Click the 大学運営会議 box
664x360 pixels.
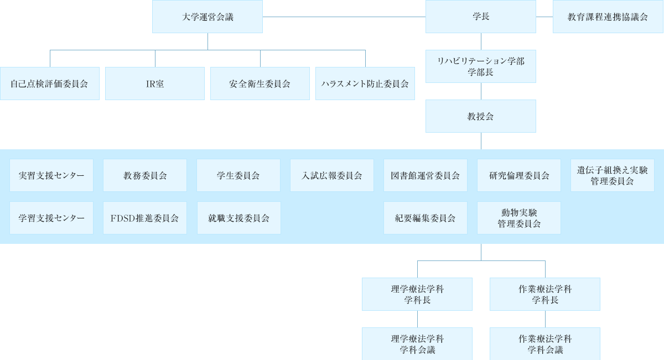click(x=207, y=17)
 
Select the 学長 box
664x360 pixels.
click(x=480, y=17)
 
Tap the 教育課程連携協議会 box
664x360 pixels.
click(x=608, y=17)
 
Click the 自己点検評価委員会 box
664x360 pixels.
click(x=49, y=84)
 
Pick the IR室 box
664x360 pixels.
click(x=154, y=84)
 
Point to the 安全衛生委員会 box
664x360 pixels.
click(x=260, y=84)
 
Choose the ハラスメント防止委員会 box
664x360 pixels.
click(x=365, y=84)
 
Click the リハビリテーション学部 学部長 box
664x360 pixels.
click(x=480, y=66)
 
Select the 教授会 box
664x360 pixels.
click(x=480, y=116)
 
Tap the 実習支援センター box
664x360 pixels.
click(x=51, y=175)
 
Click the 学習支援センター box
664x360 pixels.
click(x=51, y=218)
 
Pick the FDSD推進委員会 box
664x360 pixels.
click(x=145, y=218)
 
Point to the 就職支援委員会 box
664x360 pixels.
click(x=238, y=218)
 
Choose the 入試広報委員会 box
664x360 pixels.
click(x=332, y=175)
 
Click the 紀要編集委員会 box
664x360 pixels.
click(x=426, y=218)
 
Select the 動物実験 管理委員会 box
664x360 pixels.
click(x=519, y=218)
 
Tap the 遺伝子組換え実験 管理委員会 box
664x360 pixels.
click(x=613, y=175)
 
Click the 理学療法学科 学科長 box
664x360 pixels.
click(x=417, y=294)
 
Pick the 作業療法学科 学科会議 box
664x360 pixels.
click(x=545, y=344)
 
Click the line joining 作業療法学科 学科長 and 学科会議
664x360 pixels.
click(x=546, y=319)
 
